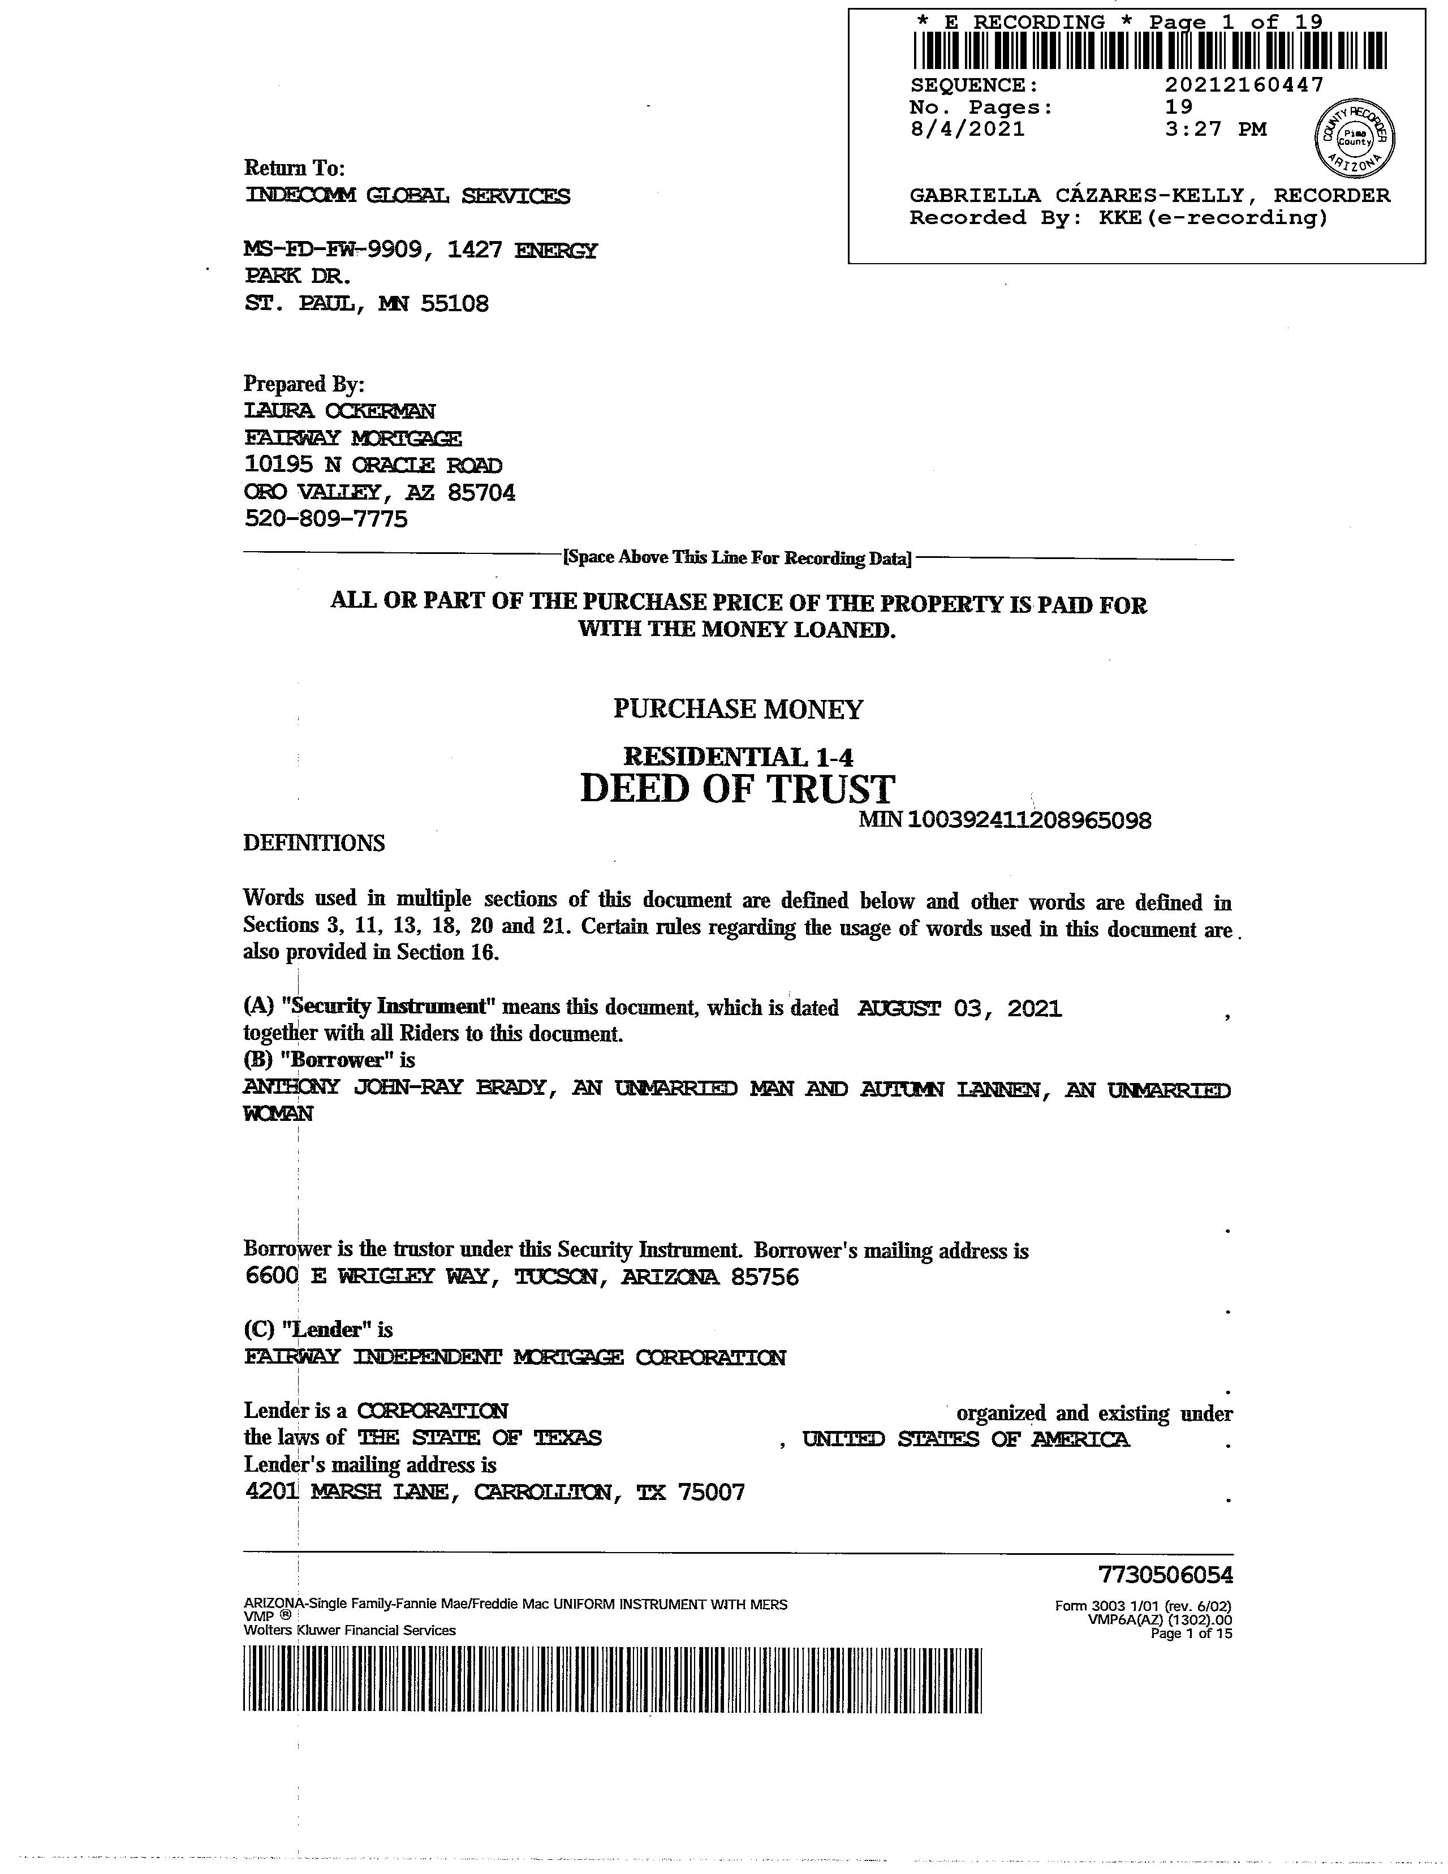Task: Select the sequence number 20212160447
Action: click(1244, 85)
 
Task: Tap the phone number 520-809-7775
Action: click(326, 519)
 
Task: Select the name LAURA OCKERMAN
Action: click(340, 411)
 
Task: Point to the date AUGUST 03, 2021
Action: click(959, 1009)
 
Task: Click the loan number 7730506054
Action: click(1165, 1575)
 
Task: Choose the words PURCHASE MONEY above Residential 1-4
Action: click(738, 709)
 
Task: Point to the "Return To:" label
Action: click(294, 167)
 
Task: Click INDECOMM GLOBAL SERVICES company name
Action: click(407, 196)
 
